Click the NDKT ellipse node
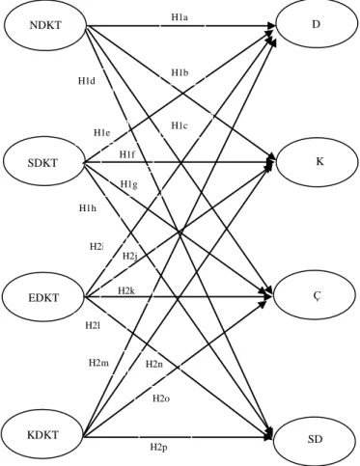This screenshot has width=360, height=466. (45, 25)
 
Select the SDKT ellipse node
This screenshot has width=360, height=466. (42, 163)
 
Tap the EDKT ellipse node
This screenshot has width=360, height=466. (43, 297)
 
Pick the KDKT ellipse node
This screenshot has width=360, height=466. (42, 435)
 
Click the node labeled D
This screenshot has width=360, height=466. (317, 25)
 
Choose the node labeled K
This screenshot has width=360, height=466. (318, 161)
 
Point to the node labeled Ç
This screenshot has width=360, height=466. (316, 296)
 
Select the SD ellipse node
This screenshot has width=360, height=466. (316, 439)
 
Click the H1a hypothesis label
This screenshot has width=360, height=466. (180, 17)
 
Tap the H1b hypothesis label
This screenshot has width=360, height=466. (180, 72)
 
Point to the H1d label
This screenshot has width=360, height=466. (87, 81)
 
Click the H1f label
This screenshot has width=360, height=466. (127, 154)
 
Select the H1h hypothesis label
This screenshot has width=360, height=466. (88, 208)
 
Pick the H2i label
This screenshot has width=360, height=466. (97, 247)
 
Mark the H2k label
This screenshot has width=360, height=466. (126, 291)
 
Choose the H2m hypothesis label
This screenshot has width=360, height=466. (98, 363)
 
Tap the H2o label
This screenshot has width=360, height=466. (161, 398)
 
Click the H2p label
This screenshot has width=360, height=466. (158, 447)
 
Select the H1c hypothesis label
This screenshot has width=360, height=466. (180, 125)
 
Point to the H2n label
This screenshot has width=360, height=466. (154, 364)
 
